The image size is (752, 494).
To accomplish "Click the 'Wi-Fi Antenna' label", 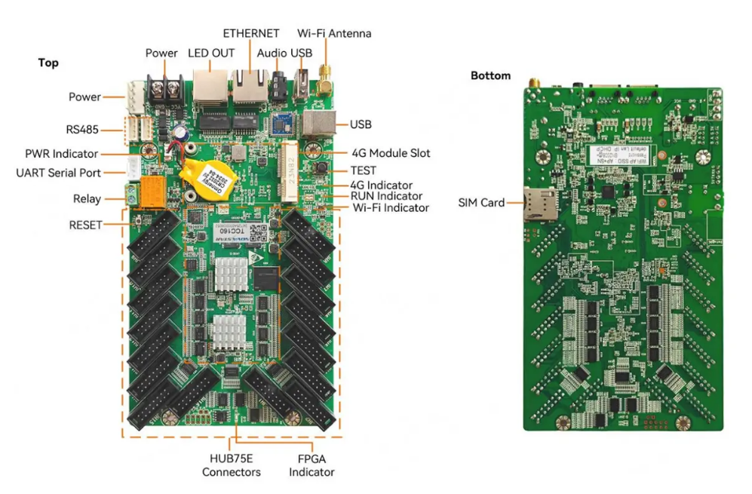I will (x=334, y=33).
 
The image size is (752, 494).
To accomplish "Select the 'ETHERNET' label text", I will (x=251, y=33).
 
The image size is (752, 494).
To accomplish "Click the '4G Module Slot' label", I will (x=391, y=153).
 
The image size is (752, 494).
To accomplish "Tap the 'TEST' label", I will (x=363, y=170).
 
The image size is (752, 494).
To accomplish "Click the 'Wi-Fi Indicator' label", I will (x=391, y=207).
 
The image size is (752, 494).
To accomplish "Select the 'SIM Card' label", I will (x=481, y=203).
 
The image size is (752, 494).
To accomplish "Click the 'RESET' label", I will (x=85, y=225).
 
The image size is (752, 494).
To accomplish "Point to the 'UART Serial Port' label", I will (x=58, y=173).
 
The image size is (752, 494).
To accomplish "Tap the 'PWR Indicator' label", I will (x=63, y=154).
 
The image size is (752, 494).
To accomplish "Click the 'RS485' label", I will (x=82, y=129).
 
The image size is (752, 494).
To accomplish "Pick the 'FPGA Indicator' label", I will (x=312, y=465).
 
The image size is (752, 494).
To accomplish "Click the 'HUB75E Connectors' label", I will (x=231, y=465).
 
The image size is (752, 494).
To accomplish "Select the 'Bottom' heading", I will (x=490, y=75).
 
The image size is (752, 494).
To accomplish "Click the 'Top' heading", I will (x=48, y=63).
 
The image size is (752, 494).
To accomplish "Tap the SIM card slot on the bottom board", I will (x=539, y=204).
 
